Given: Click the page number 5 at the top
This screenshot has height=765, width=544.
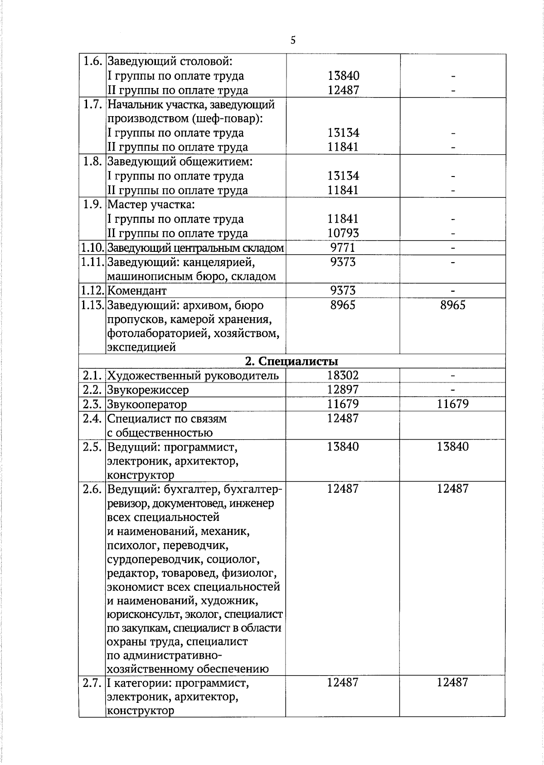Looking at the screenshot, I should coord(293,40).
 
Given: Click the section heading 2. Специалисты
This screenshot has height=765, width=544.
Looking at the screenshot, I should coord(291,361).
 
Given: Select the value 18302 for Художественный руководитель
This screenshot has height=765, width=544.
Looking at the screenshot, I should coord(343,375).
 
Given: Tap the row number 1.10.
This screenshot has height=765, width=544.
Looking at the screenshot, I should coord(92,248).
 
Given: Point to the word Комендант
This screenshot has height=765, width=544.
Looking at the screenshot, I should coord(137,290).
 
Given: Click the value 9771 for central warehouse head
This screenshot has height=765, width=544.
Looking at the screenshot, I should coord(343,248).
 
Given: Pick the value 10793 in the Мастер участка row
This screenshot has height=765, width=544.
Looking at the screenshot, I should coord(343,233).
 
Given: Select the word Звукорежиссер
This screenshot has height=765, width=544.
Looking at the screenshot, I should coord(148,390).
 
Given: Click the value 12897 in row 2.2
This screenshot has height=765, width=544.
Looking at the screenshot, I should coord(343,390).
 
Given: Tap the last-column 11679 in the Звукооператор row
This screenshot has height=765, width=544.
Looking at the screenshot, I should coord(452,404).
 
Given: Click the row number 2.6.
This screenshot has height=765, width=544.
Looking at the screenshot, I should coord(92,489).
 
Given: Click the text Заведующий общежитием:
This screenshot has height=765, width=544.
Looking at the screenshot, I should coord(180,162).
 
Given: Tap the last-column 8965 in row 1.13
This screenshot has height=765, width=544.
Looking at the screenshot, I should coord(452,305).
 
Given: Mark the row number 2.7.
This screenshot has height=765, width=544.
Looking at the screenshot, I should coord(92,683).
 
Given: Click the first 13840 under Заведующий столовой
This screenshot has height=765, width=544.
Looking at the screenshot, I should coord(343,76).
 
